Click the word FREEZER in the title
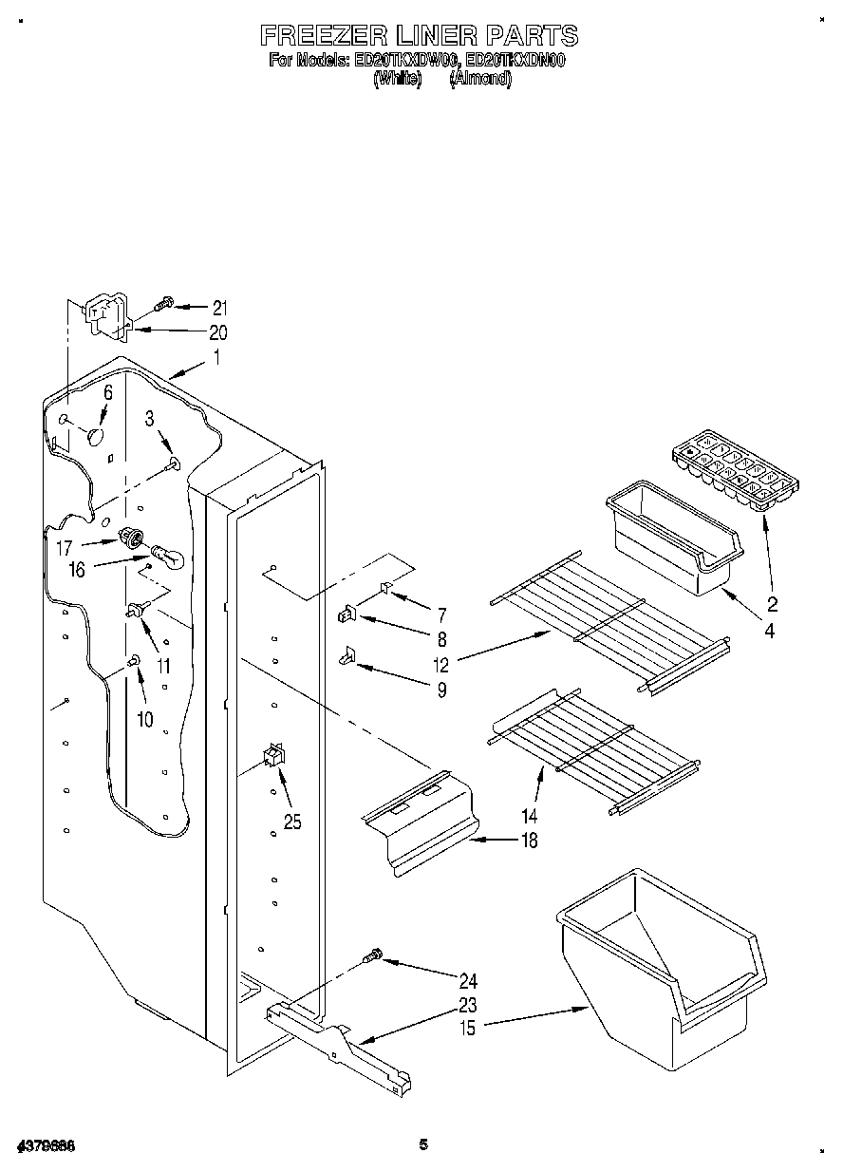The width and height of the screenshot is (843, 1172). pyautogui.click(x=325, y=36)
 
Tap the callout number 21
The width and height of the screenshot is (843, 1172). pyautogui.click(x=220, y=307)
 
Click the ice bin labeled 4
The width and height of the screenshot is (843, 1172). pyautogui.click(x=670, y=542)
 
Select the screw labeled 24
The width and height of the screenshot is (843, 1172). pyautogui.click(x=375, y=955)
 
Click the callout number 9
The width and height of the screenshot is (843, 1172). pyautogui.click(x=440, y=690)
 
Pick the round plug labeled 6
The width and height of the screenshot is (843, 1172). pyautogui.click(x=95, y=436)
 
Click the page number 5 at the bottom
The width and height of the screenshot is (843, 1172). pyautogui.click(x=423, y=1144)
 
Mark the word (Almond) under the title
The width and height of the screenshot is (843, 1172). pyautogui.click(x=479, y=80)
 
